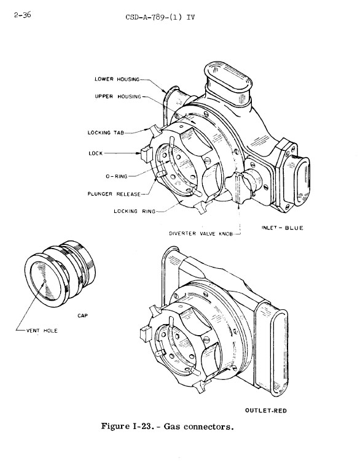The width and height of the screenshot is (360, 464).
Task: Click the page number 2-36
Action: tap(23, 15)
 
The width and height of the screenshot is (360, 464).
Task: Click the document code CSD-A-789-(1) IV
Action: tap(160, 17)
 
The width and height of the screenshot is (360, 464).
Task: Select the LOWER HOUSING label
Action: tap(117, 79)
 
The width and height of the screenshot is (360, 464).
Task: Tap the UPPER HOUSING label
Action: tap(118, 96)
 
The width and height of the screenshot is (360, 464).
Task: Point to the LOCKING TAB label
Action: tap(106, 133)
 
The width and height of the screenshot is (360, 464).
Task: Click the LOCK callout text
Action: tap(96, 153)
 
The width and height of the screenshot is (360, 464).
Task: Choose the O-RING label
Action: tap(117, 176)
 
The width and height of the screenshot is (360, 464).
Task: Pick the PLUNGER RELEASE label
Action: tap(114, 194)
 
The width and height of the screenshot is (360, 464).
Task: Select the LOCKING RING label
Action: tap(135, 211)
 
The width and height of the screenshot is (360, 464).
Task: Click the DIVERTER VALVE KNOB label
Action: tap(201, 233)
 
